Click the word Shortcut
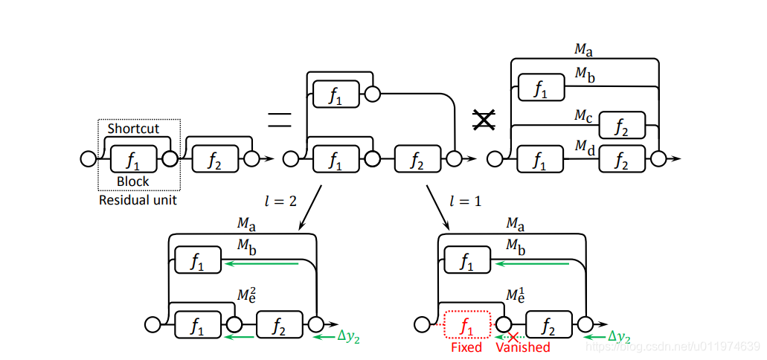pos(133,129)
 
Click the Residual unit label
pos(138,199)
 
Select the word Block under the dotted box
pos(133,181)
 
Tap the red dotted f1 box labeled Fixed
pos(466,324)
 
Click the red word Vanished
pos(523,347)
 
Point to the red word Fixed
pos(466,347)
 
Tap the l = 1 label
pos(464,202)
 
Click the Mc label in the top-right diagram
pos(583,115)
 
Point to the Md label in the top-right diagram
pos(584,147)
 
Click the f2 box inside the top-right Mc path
pos(622,126)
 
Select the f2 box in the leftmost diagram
pos(215,158)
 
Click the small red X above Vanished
pos(512,337)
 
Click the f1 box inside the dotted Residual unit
pos(134,158)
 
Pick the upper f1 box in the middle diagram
pos(336,94)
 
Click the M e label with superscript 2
pos(247,295)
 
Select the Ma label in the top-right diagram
pos(583,50)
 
